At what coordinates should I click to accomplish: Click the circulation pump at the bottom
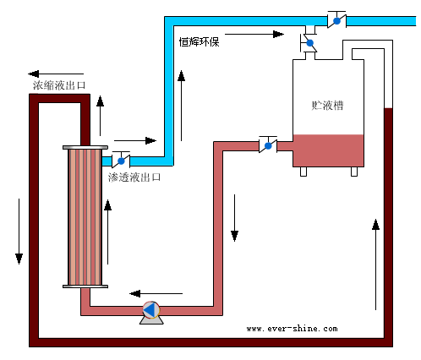(151, 312)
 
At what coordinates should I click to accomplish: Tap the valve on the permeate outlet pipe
(121, 160)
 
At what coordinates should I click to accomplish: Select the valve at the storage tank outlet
(268, 145)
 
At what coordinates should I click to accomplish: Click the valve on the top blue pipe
(336, 19)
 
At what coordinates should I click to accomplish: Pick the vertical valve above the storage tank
(309, 43)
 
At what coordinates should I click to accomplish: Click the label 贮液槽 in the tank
(327, 106)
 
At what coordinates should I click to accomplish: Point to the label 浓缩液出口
(59, 85)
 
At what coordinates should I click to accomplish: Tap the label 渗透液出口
(134, 177)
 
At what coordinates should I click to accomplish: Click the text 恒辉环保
(200, 42)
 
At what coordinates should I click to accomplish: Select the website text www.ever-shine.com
(292, 329)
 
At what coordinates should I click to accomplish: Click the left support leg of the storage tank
(303, 172)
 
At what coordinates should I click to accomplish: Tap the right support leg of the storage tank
(354, 172)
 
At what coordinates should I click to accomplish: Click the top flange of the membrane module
(85, 147)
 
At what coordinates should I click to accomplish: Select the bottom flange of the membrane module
(85, 286)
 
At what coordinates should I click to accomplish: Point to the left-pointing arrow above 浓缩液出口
(56, 74)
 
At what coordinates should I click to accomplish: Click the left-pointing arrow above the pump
(156, 293)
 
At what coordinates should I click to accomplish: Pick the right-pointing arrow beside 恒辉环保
(254, 35)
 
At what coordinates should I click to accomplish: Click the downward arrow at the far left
(19, 232)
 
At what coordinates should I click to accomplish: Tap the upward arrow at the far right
(375, 265)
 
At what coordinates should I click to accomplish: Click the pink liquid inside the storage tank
(328, 150)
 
